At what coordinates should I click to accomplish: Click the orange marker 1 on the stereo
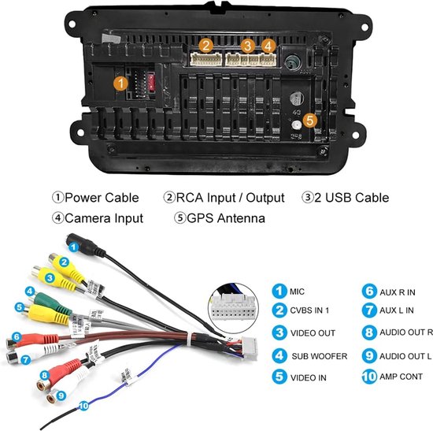(x=120, y=83)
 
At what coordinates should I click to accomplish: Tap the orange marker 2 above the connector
(x=206, y=46)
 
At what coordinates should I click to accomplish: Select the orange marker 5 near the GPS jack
(x=310, y=121)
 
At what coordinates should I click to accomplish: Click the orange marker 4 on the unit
(x=268, y=46)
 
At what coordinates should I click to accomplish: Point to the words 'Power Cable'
(x=102, y=198)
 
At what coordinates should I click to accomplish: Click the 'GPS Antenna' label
(x=226, y=218)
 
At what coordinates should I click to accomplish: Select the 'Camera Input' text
(x=104, y=218)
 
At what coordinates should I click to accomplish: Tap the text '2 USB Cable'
(x=352, y=198)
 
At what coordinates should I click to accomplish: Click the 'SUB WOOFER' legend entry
(x=320, y=356)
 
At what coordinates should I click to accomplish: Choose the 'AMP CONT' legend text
(x=401, y=377)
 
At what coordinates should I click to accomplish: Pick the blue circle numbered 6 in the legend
(x=369, y=292)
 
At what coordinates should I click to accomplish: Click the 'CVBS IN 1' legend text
(x=309, y=310)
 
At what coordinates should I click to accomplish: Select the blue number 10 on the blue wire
(x=83, y=406)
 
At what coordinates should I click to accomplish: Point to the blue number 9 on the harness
(x=61, y=396)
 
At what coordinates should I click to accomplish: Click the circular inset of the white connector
(x=233, y=307)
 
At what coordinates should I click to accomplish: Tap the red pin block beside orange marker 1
(x=151, y=82)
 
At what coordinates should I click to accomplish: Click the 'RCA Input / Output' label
(x=230, y=198)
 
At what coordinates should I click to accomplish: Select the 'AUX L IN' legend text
(x=397, y=310)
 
